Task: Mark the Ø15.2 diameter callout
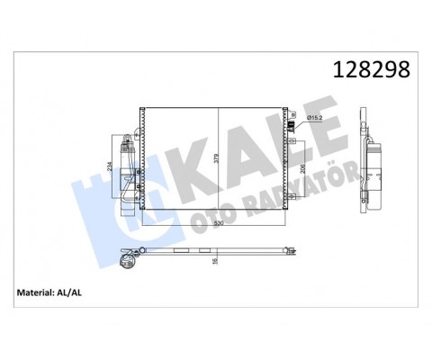coord(316,118)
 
